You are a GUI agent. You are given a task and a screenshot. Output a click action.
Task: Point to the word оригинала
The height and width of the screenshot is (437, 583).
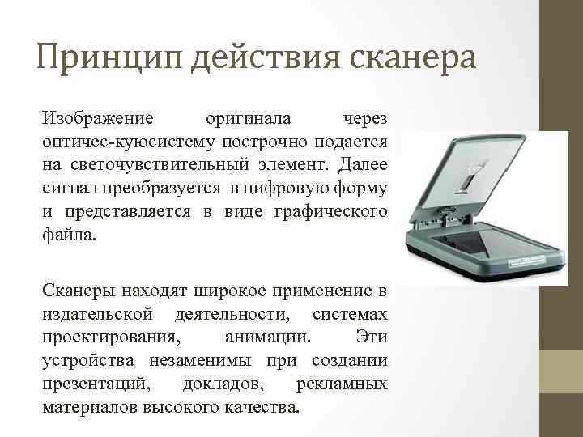pyautogui.click(x=247, y=119)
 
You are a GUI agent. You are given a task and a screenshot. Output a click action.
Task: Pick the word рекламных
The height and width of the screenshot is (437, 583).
pyautogui.click(x=342, y=383)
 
